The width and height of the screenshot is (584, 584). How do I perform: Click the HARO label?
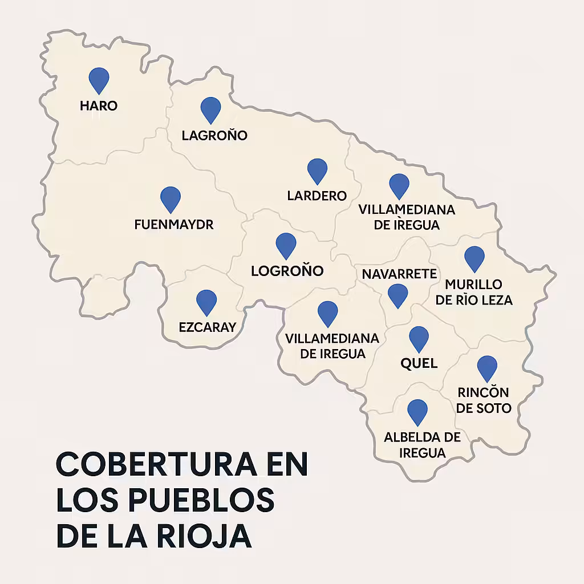(99, 106)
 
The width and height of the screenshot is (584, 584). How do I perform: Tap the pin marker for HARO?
(99, 79)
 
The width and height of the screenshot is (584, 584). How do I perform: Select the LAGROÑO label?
(214, 136)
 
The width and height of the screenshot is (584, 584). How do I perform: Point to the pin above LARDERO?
(317, 170)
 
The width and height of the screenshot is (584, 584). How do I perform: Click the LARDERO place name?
(317, 196)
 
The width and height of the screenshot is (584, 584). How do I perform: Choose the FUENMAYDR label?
(174, 225)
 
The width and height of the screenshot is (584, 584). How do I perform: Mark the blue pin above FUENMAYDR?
(171, 198)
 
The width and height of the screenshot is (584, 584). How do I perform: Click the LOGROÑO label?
(287, 270)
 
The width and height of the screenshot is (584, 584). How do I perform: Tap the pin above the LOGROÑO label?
(286, 244)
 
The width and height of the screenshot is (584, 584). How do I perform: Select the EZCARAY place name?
(207, 327)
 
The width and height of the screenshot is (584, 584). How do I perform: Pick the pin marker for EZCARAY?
(206, 301)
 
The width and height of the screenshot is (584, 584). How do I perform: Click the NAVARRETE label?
(399, 274)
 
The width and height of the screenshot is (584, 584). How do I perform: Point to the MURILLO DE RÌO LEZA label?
(474, 291)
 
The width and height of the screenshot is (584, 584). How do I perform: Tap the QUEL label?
(419, 363)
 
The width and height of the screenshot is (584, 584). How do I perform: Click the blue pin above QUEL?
(419, 338)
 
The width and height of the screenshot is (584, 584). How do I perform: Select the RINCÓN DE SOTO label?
(484, 400)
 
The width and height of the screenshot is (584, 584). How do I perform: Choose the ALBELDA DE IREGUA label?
(422, 445)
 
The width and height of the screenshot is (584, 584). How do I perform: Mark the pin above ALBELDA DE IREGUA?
(417, 411)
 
